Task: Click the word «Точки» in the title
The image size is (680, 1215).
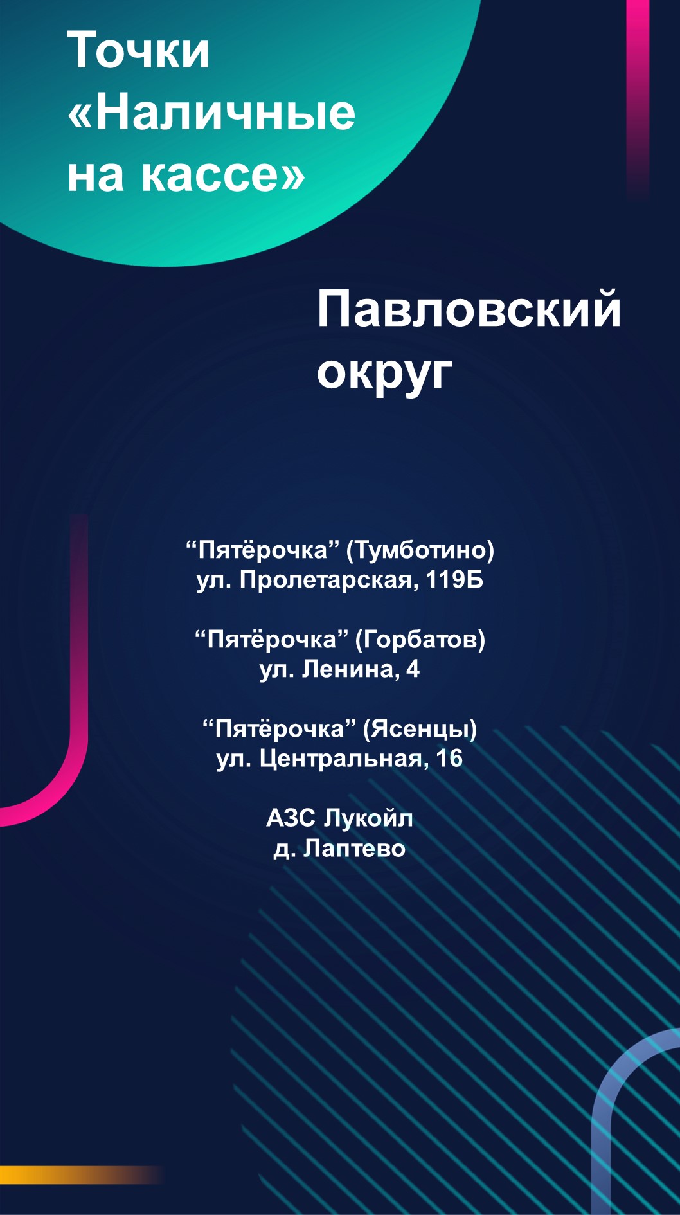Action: click(138, 51)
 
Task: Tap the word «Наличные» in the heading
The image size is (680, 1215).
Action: click(225, 113)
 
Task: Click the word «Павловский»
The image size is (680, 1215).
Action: click(469, 309)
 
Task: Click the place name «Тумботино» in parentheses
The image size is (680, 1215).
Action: click(421, 550)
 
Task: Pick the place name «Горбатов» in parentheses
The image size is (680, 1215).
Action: click(417, 640)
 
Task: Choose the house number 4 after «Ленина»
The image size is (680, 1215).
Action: click(413, 669)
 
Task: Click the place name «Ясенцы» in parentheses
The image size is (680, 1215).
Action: click(420, 729)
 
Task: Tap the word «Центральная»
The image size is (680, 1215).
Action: click(341, 759)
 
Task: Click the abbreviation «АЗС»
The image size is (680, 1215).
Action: click(291, 818)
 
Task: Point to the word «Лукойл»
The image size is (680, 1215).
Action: click(368, 818)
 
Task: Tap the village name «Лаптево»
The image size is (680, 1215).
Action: click(354, 849)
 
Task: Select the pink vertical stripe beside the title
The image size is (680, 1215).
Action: click(638, 96)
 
